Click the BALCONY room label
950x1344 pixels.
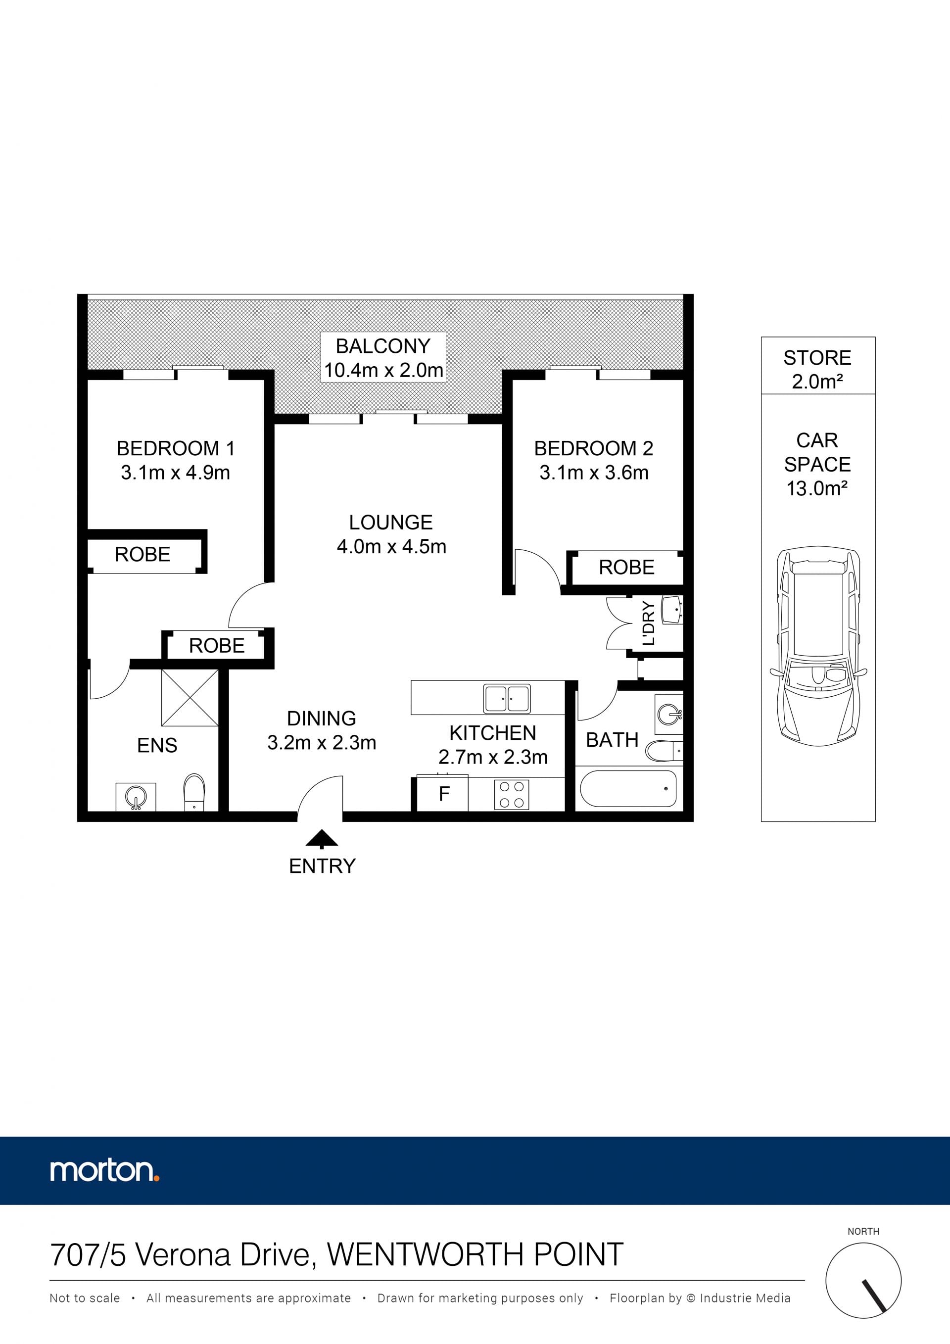click(383, 346)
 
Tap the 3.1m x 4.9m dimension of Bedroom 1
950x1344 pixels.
click(176, 473)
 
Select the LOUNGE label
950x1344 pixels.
click(391, 522)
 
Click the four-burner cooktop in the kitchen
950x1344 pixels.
click(512, 794)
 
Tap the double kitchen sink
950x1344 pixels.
click(507, 699)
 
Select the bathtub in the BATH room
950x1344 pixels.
click(628, 788)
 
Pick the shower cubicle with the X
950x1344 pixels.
click(190, 698)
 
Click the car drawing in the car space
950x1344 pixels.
click(818, 646)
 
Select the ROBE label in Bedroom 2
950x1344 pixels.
click(626, 567)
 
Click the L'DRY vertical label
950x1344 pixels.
click(648, 623)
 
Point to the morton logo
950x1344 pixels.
click(105, 1170)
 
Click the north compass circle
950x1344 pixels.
click(863, 1281)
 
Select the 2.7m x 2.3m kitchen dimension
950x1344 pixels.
click(493, 757)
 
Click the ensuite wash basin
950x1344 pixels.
click(136, 797)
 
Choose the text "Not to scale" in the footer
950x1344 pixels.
click(85, 1298)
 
